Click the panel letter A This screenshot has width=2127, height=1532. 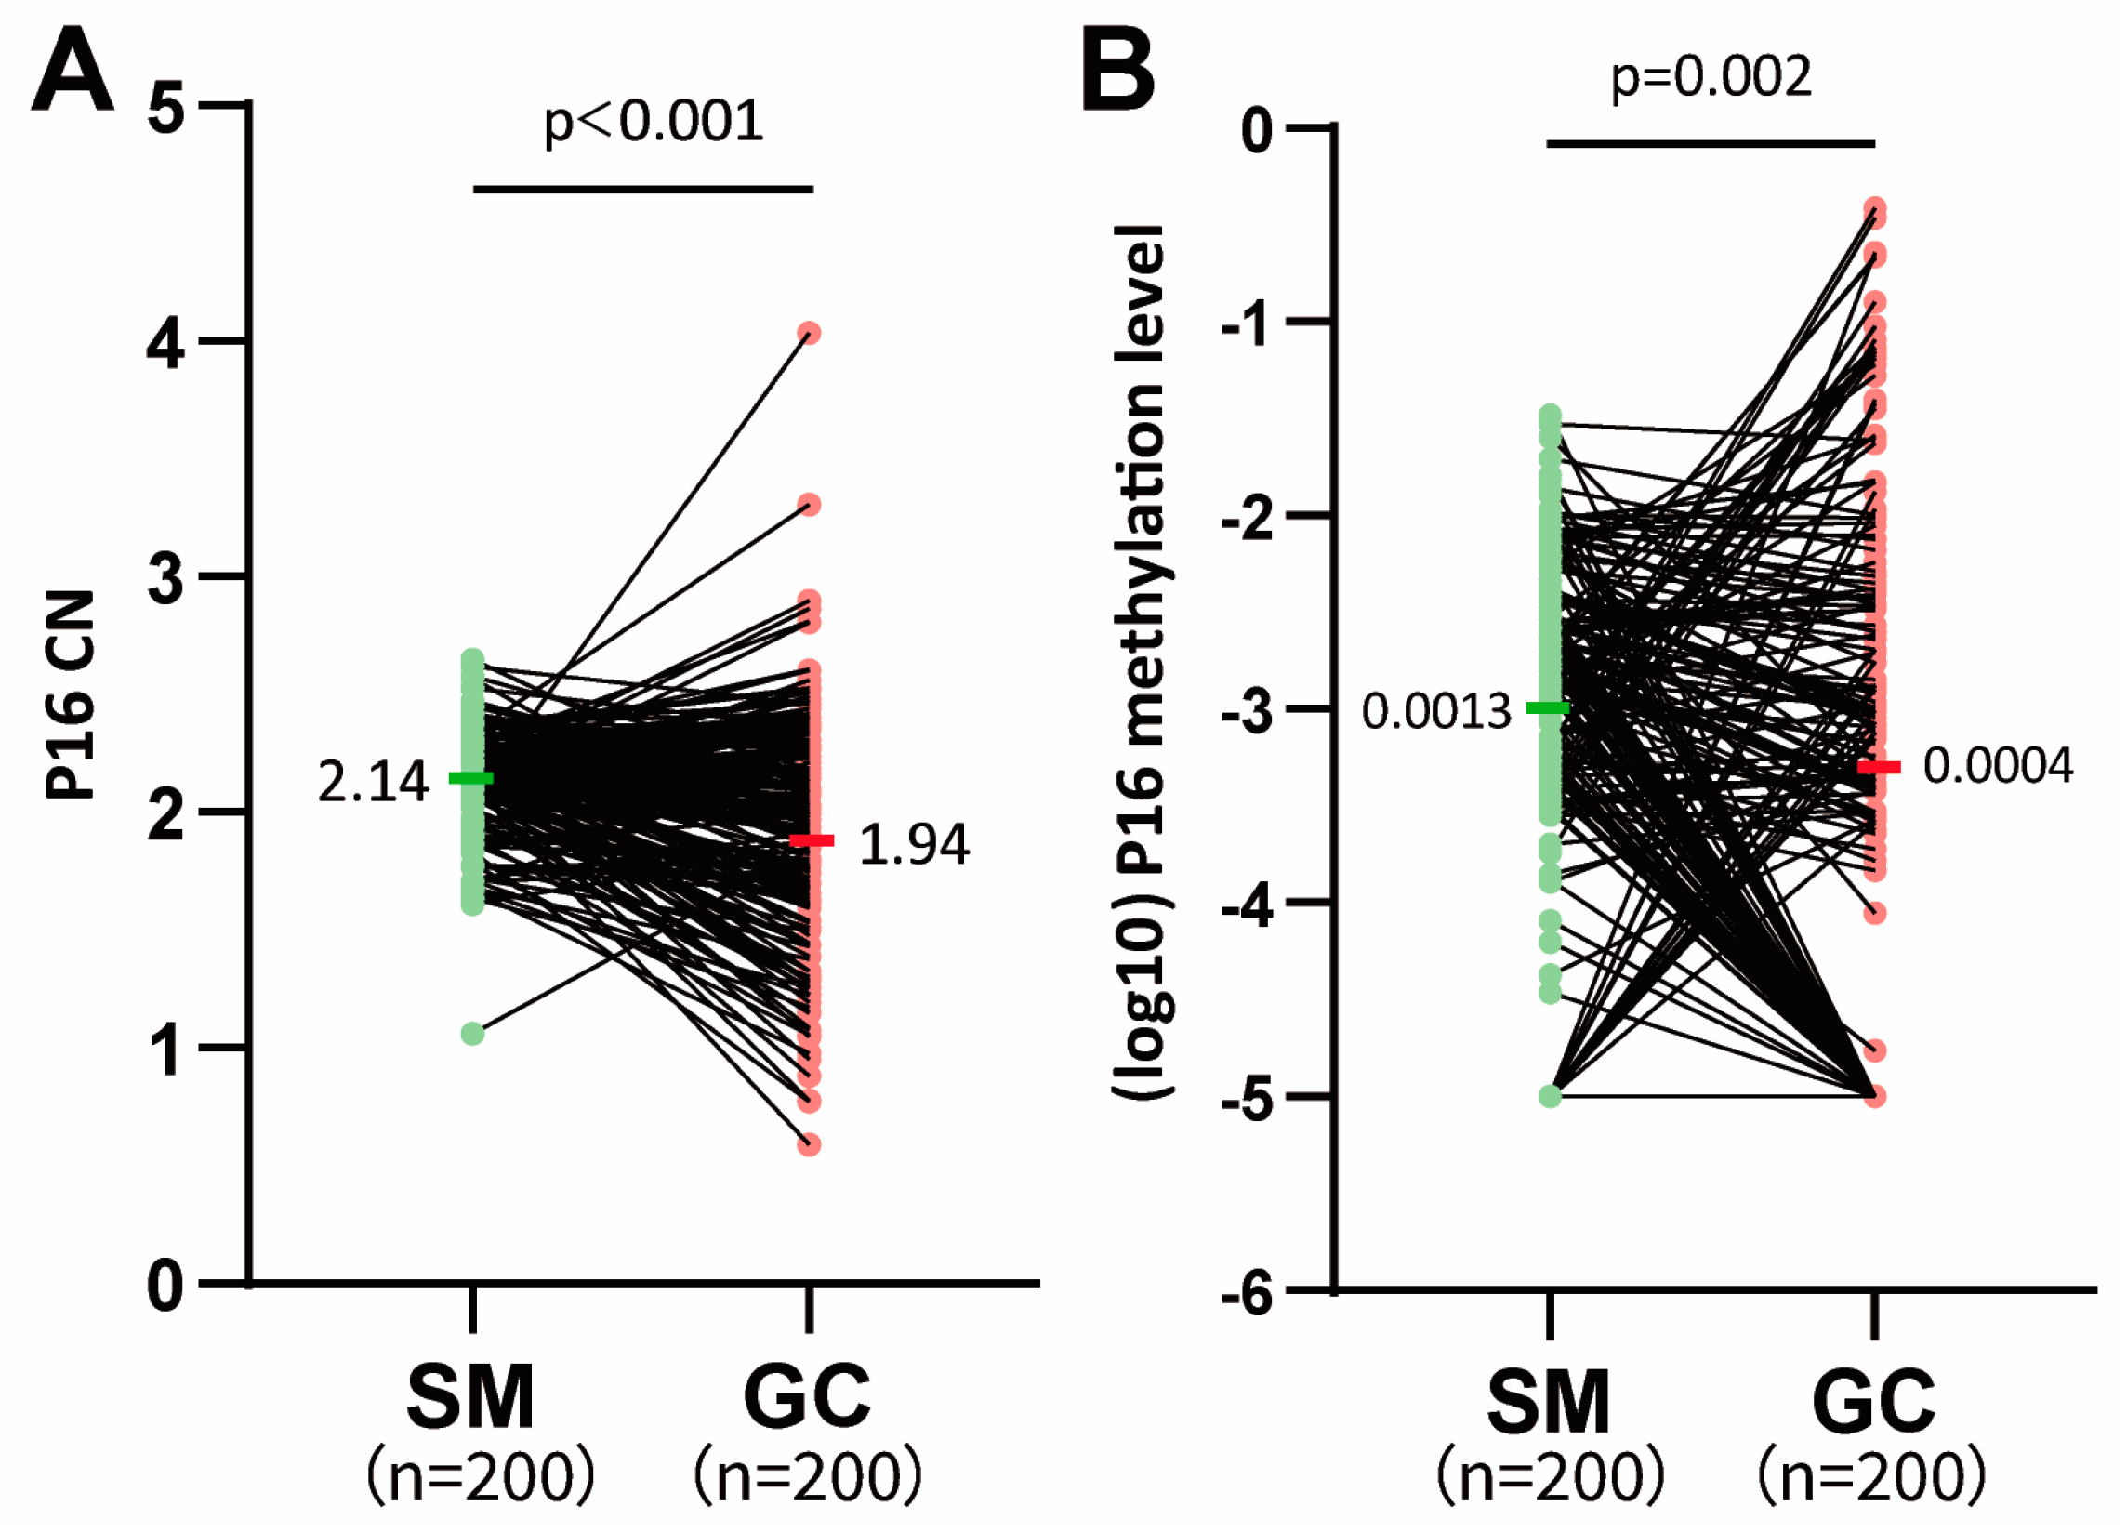click(73, 70)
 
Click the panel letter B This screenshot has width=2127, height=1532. click(1118, 70)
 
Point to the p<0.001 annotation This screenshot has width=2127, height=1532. click(654, 122)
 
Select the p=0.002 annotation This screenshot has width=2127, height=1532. click(1711, 78)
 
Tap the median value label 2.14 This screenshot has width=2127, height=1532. click(373, 782)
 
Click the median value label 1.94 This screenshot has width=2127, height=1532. click(914, 844)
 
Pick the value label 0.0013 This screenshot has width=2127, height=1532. click(1436, 712)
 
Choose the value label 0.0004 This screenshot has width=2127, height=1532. click(1998, 766)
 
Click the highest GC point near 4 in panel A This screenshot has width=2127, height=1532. click(810, 333)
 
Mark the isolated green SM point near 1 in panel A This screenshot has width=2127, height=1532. click(472, 1033)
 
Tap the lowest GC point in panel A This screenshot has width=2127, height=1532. click(810, 1143)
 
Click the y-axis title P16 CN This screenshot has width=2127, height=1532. click(71, 694)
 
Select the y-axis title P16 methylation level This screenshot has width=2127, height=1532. click(1142, 662)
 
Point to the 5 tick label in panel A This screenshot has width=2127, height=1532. click(165, 108)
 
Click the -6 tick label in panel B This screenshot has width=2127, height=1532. click(1248, 1295)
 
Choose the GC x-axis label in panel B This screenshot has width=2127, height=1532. click(1873, 1402)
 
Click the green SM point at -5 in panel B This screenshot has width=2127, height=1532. click(1551, 1095)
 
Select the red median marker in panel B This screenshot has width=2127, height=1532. click(1880, 767)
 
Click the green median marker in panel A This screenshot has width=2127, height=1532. click(470, 777)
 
